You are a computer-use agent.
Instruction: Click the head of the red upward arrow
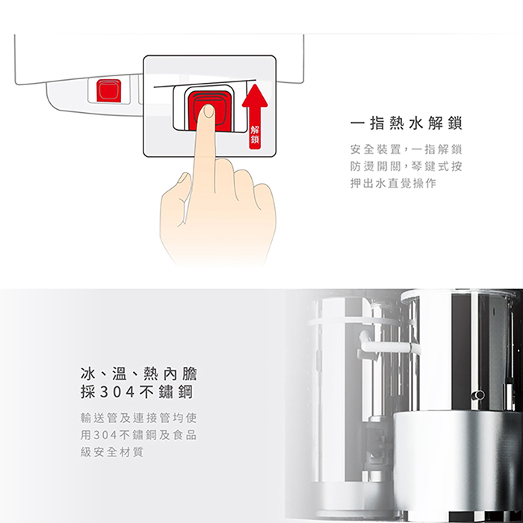(x=255, y=96)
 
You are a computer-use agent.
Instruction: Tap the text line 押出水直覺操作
(x=393, y=184)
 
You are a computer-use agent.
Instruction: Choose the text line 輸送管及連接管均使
(x=139, y=417)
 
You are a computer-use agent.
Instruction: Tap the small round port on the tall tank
(x=479, y=394)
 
